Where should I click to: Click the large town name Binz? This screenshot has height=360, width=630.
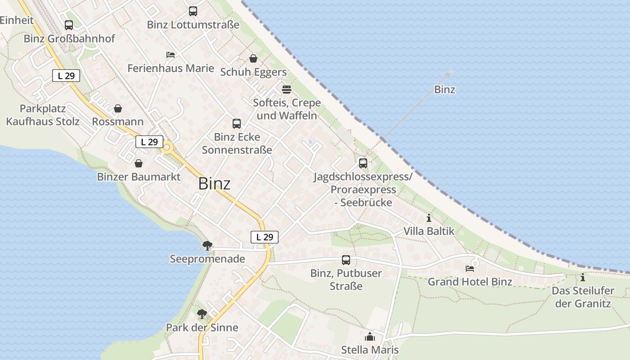point(214,184)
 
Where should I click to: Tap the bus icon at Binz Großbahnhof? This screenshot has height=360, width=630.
point(69,25)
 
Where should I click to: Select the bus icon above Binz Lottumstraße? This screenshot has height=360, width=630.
point(193,11)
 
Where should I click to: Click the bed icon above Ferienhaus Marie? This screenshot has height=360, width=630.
point(171,55)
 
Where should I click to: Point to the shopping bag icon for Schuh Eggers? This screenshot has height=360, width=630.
point(253,58)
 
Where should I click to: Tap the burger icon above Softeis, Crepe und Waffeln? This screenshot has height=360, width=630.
point(287,89)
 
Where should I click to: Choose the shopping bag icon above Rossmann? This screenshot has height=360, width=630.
point(118,108)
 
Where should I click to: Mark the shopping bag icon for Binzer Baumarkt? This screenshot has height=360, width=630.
point(139,163)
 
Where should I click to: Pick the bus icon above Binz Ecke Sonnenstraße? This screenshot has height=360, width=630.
point(237,123)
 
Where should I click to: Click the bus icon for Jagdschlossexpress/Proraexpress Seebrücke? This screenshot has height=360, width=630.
point(363,163)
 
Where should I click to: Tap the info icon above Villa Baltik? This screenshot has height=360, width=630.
point(428,218)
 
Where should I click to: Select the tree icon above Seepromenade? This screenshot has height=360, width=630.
point(207,245)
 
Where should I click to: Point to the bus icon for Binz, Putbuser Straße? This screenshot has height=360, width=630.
point(346,260)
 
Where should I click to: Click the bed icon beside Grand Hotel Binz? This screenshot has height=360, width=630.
point(470,268)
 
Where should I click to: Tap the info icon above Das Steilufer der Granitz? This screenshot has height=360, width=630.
point(583,277)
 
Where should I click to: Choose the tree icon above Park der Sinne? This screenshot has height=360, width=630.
point(202,314)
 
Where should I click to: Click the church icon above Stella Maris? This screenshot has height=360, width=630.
point(370,336)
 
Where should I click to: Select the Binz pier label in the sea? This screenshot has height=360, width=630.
point(445,90)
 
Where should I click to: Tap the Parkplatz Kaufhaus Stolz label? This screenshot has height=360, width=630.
point(43,115)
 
